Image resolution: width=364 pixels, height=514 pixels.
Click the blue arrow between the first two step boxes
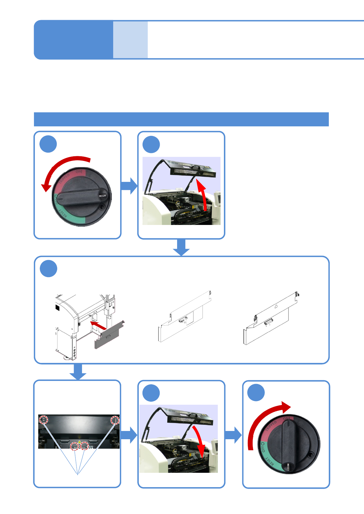point(129,186)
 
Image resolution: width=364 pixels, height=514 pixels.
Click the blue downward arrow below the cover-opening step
point(181,247)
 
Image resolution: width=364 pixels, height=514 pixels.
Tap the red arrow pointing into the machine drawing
point(98,325)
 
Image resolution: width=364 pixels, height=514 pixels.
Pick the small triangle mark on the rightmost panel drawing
point(276,306)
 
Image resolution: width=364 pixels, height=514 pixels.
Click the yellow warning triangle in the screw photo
point(80,442)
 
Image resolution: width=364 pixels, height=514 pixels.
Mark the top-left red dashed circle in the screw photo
point(44,420)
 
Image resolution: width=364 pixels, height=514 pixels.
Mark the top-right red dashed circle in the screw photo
point(115,420)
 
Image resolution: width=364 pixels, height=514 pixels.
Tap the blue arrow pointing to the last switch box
point(233,435)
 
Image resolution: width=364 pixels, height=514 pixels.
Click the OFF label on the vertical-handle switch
point(263,447)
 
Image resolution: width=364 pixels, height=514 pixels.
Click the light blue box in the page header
point(130,40)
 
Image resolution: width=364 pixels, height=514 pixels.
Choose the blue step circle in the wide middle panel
point(49,269)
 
